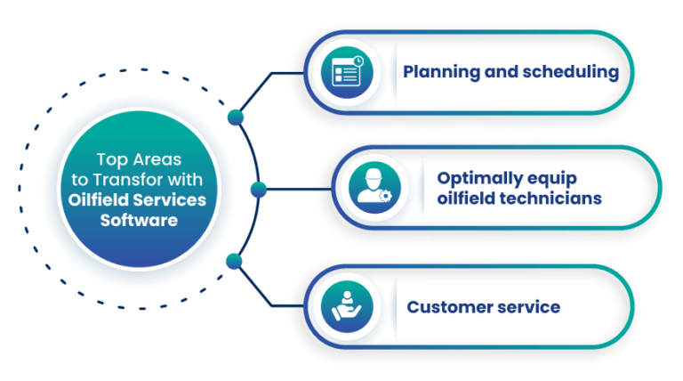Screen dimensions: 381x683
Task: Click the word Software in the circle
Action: [138, 219]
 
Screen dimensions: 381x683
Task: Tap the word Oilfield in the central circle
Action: [100, 199]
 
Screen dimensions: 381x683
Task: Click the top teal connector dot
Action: [236, 116]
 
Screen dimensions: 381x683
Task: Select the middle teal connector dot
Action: [259, 188]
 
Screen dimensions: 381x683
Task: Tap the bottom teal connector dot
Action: [235, 260]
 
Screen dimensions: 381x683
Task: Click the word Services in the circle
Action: [170, 199]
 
